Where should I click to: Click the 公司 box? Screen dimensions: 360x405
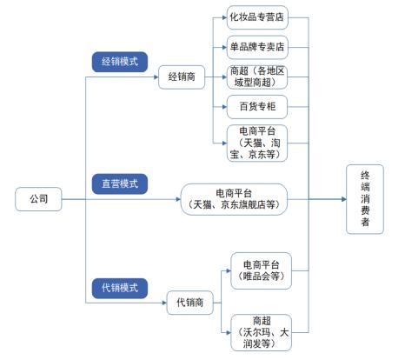pos(37,199)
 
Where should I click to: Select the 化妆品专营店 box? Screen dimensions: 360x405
pos(256,17)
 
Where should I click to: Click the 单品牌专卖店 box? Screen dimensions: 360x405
pos(256,46)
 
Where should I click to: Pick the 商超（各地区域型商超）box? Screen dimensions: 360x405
pos(256,77)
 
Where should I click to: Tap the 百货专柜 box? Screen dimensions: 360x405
pos(256,109)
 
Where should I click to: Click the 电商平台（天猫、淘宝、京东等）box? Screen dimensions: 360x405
pos(256,143)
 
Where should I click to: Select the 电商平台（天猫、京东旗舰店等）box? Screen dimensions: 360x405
pos(233,199)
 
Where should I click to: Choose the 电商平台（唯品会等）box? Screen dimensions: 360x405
pos(262,270)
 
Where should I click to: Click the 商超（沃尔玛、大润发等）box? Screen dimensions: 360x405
pos(262,332)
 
